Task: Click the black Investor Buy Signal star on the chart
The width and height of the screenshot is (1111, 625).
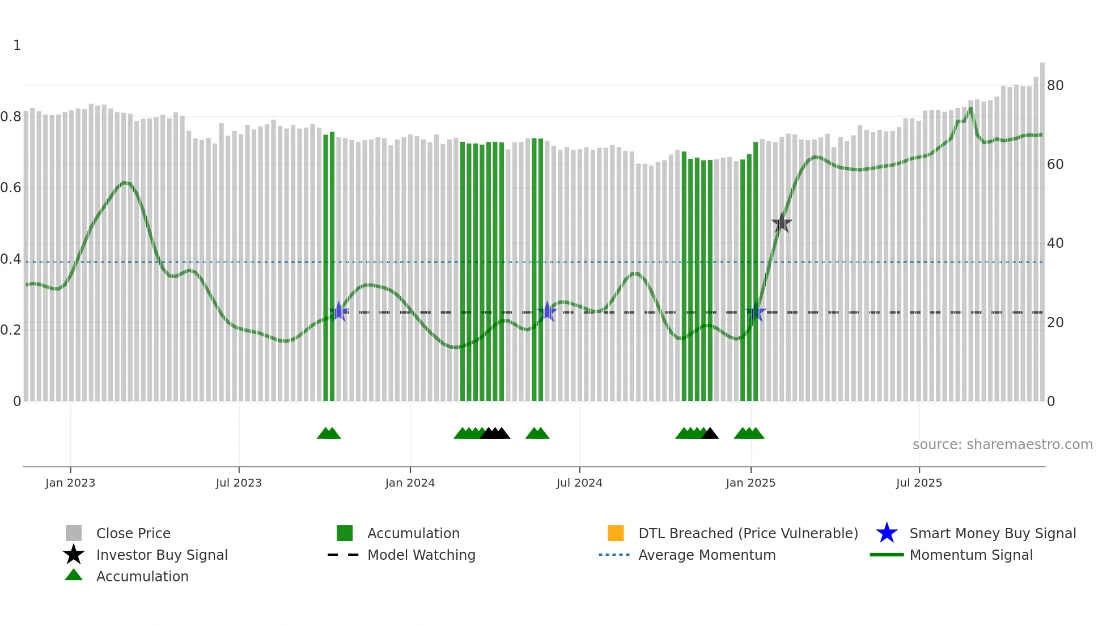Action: (x=782, y=223)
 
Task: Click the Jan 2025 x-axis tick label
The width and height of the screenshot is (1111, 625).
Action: (x=750, y=483)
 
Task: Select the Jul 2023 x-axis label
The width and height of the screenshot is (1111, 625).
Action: (x=239, y=483)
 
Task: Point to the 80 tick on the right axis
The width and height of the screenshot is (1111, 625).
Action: (x=1055, y=86)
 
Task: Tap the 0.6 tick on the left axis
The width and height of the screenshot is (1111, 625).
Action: (x=11, y=188)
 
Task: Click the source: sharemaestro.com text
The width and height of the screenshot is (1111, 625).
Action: (x=1002, y=445)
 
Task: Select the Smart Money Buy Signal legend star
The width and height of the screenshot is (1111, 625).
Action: (x=887, y=533)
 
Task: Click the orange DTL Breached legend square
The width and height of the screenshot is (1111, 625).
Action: (x=616, y=533)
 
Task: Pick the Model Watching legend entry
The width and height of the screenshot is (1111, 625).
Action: (x=421, y=555)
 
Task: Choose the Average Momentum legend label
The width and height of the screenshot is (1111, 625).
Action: (x=707, y=555)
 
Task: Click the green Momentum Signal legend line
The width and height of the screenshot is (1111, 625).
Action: (x=887, y=555)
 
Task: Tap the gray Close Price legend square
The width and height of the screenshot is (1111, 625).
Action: (x=74, y=533)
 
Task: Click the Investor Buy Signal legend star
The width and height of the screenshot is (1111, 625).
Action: (x=74, y=555)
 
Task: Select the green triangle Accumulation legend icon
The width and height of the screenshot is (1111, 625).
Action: (x=74, y=575)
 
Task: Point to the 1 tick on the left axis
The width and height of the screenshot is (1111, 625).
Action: (x=17, y=45)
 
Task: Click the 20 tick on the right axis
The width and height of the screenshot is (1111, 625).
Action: (x=1055, y=323)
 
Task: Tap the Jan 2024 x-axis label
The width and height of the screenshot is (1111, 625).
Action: (x=410, y=483)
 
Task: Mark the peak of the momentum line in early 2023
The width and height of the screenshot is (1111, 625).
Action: (x=125, y=183)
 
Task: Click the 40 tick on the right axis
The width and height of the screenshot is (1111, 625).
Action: (x=1055, y=243)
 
